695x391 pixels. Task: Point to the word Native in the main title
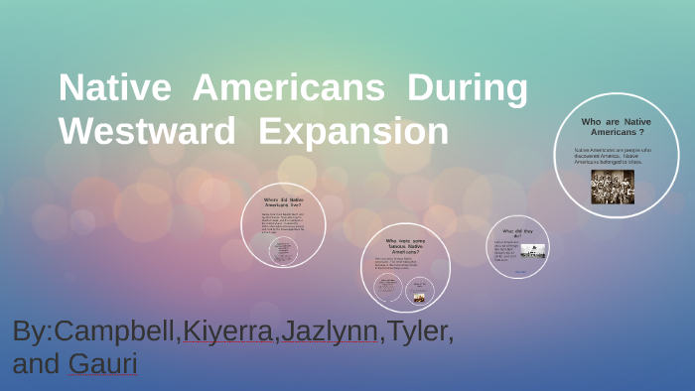114,89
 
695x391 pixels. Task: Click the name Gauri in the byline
102,363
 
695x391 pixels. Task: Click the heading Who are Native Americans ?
617,126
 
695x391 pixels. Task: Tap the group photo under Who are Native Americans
613,187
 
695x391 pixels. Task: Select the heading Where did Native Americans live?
284,202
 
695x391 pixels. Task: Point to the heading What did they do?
519,233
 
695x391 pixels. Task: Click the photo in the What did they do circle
533,251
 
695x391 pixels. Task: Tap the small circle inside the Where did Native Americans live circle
284,252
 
